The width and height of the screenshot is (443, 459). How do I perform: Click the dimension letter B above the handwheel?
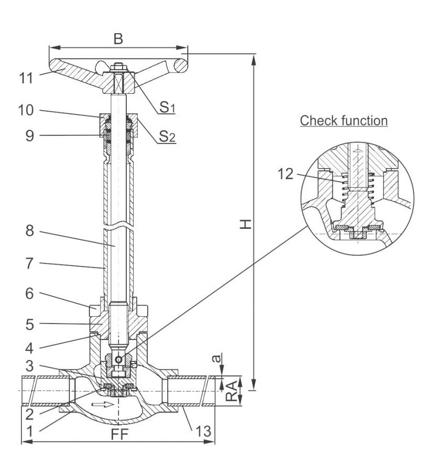click(x=118, y=38)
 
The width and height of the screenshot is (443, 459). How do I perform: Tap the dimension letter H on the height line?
click(x=246, y=224)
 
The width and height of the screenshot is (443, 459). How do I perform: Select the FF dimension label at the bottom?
click(x=119, y=434)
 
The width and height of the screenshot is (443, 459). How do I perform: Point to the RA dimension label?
click(x=231, y=392)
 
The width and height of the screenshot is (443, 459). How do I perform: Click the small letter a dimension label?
click(x=217, y=358)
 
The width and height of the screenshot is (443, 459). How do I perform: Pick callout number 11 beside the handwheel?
click(x=26, y=78)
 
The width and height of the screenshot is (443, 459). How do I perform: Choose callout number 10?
click(x=26, y=110)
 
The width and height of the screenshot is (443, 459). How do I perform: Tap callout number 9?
click(x=29, y=135)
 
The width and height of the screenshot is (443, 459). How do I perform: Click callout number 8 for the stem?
click(x=29, y=231)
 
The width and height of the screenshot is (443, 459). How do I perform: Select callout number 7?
click(x=29, y=263)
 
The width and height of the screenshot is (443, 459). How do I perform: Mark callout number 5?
click(x=29, y=325)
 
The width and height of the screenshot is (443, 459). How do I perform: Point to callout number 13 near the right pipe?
click(x=204, y=431)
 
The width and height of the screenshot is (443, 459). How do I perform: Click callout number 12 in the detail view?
click(x=285, y=174)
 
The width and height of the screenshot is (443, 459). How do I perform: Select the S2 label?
click(x=167, y=136)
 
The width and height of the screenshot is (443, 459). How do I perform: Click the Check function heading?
click(x=344, y=121)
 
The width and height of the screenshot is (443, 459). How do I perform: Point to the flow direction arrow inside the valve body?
click(x=103, y=405)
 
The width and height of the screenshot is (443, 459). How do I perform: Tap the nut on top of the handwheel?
click(x=118, y=68)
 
